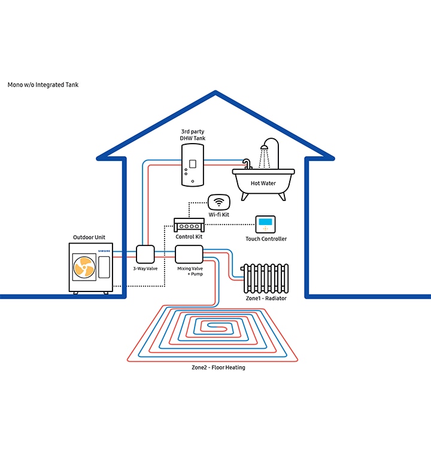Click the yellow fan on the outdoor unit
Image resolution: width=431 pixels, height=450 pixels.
(83, 267)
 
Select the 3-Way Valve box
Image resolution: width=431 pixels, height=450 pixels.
(145, 254)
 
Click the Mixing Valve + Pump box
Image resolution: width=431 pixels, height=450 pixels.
(189, 254)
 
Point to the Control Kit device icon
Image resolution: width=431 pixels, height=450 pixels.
(189, 226)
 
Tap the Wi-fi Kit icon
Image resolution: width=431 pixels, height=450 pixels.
(218, 202)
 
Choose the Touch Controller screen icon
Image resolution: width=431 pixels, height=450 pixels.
(265, 224)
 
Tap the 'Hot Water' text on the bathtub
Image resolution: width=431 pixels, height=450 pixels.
(263, 183)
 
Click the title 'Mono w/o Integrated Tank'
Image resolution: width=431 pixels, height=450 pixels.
(43, 85)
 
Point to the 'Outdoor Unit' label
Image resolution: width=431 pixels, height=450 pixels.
(89, 238)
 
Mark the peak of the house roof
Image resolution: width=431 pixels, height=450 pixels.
(215, 92)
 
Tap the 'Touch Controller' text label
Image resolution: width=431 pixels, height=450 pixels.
(266, 239)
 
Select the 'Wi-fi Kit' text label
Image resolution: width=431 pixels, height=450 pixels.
(218, 214)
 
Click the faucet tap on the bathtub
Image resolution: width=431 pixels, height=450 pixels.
(246, 163)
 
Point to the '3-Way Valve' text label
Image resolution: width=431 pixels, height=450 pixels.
(145, 269)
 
